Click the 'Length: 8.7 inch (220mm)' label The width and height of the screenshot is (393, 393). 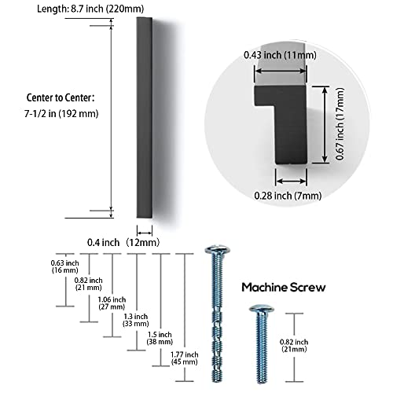[90, 9]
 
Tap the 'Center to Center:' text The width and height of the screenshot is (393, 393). [61, 97]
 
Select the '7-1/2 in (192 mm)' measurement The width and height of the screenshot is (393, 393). [61, 114]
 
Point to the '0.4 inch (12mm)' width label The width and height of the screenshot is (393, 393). [123, 242]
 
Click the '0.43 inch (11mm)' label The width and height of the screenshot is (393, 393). [280, 55]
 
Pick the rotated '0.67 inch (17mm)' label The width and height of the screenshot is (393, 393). [340, 123]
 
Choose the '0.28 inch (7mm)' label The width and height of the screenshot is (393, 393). [288, 196]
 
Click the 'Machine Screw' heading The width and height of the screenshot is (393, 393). [284, 288]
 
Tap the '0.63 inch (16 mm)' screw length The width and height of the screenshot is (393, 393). [64, 266]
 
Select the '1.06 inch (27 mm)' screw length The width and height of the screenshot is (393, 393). [112, 303]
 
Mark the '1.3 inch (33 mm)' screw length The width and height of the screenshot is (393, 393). [136, 320]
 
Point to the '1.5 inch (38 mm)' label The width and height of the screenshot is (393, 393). [160, 338]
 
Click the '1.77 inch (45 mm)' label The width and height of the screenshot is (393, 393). [184, 358]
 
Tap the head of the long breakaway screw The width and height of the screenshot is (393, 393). [218, 250]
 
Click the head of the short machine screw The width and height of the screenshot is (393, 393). [262, 308]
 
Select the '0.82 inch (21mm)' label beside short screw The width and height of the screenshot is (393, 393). [294, 346]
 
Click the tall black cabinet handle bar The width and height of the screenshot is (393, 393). [144, 118]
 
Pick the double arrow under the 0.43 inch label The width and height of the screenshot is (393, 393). [280, 71]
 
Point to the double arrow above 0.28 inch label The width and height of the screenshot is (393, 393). [291, 181]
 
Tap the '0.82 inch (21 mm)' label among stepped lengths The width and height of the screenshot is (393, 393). [88, 284]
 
